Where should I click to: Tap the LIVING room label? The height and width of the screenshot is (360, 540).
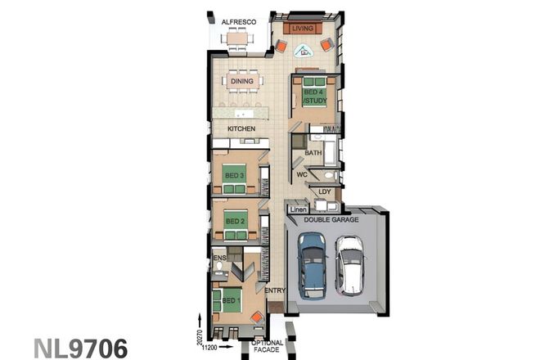304,28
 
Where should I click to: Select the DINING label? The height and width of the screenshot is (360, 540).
241,81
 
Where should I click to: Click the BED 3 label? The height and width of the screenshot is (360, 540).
235,174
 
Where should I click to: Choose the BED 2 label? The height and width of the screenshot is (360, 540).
236,221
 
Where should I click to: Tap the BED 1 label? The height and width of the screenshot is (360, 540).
232,301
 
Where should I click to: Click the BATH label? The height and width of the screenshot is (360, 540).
313,153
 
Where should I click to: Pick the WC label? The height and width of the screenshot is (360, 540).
301,175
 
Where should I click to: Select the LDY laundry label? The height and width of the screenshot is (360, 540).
325,193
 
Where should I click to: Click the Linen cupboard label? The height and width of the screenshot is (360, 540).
298,209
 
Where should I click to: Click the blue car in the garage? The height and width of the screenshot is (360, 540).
312,263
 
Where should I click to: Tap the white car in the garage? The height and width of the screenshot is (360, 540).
349,264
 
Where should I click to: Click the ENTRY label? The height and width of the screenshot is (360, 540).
274,290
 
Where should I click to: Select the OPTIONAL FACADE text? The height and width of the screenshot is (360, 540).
267,347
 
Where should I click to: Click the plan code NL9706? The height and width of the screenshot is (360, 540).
80,348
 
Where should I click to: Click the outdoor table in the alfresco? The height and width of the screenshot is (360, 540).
237,37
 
